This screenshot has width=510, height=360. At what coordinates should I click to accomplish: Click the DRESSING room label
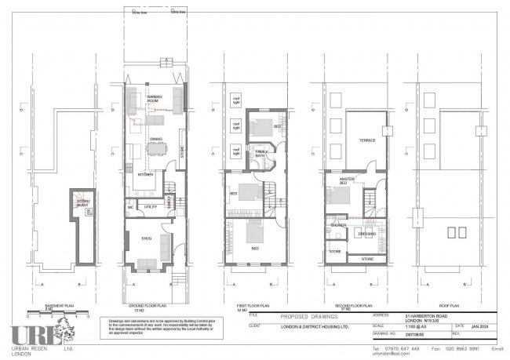click(x=366, y=233)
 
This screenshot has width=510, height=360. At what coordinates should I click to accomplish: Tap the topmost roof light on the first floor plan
click(x=235, y=100)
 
